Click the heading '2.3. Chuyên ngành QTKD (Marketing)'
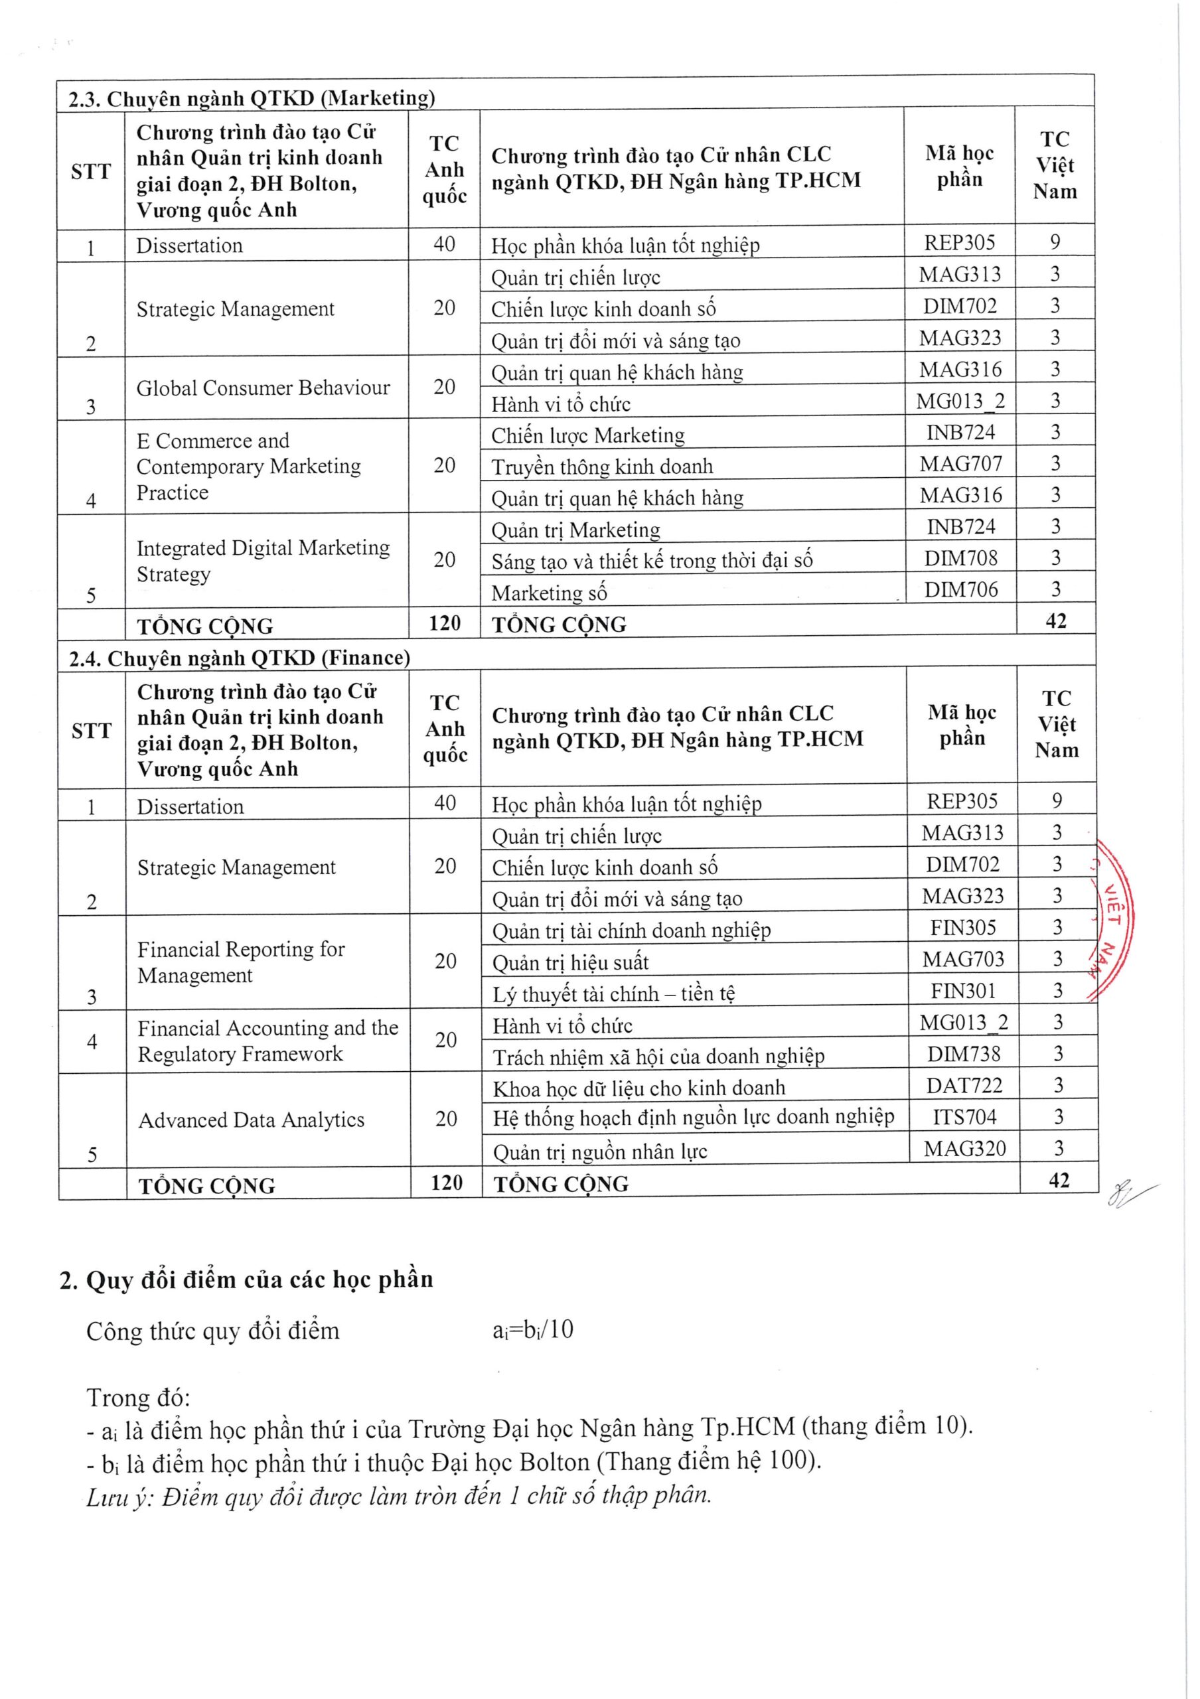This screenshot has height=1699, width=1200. point(252,98)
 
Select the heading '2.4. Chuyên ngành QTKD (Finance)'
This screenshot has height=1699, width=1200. point(240,658)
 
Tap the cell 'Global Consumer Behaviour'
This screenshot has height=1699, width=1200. point(263,388)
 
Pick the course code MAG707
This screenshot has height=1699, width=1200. point(960,464)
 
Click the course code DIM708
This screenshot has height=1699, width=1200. point(960,558)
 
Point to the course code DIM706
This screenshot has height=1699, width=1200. point(960,590)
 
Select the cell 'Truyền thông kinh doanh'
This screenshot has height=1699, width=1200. point(602,466)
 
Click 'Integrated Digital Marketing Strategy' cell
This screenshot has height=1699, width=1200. point(263,561)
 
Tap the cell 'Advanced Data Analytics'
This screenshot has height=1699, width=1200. point(252,1120)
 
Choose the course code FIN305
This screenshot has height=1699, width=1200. point(962,928)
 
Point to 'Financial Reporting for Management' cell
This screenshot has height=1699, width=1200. point(241,962)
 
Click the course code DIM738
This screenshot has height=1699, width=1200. point(963,1054)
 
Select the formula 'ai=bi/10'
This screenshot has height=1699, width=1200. point(533,1331)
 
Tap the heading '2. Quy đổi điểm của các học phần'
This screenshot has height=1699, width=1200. point(246,1280)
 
